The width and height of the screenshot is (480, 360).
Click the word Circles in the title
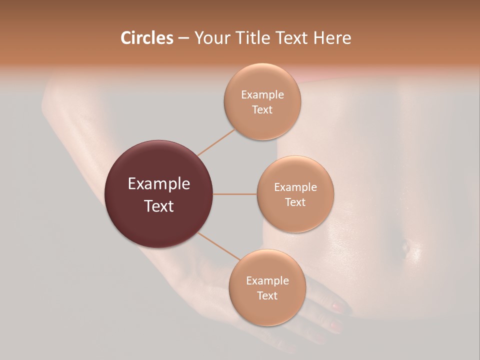coord(146,38)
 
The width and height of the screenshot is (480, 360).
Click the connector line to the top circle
coord(216,142)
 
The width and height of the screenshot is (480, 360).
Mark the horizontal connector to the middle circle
coord(235,194)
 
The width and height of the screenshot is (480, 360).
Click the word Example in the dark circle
coord(159,184)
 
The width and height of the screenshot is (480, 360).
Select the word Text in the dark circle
coord(159,206)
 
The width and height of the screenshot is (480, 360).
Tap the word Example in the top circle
coord(262,94)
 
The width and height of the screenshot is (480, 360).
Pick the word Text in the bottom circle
coord(267,295)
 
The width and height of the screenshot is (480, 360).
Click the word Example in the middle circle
coord(295,187)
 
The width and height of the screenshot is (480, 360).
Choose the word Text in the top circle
coord(262,109)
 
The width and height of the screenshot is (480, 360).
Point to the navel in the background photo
coord(405,245)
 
